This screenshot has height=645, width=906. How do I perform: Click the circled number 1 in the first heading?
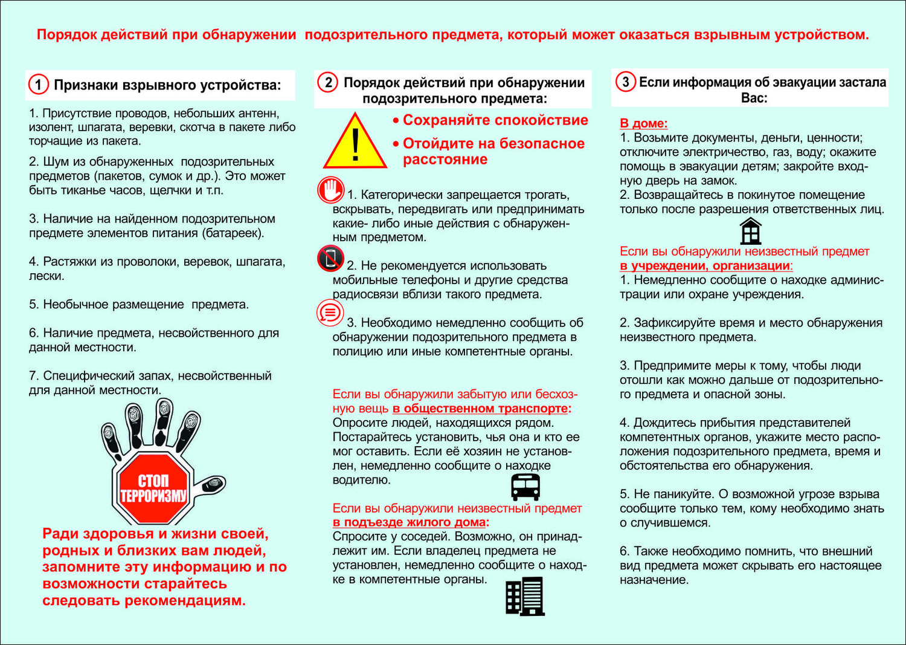coord(39,85)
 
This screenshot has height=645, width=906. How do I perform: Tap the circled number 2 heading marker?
coord(328,82)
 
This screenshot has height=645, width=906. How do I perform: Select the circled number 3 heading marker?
coord(625,82)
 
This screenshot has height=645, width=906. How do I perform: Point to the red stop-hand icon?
coord(330,190)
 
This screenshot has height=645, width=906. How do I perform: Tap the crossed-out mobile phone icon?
coord(330,259)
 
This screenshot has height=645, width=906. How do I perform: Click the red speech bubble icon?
coord(330,313)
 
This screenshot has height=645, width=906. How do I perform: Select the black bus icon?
coord(525,487)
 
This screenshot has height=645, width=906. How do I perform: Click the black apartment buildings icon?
coord(525,596)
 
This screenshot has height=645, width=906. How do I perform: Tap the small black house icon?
coord(750,231)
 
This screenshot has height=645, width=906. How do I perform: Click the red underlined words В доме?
coord(643,123)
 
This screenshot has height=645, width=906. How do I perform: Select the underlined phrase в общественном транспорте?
coord(480,409)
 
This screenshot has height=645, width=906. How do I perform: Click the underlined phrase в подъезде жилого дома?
coord(409,522)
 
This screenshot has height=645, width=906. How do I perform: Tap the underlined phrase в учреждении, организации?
coord(705,266)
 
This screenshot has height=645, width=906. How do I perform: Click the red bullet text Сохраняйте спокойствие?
coord(495,120)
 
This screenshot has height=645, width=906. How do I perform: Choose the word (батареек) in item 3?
coord(233,233)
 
